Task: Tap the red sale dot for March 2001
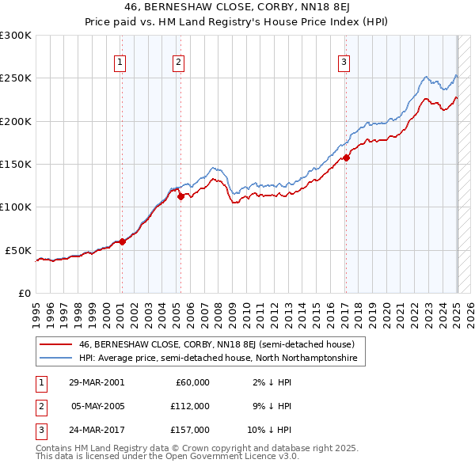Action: pos(122,242)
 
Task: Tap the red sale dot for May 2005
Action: pos(180,197)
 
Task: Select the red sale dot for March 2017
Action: pos(346,158)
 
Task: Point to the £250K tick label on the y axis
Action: pos(15,78)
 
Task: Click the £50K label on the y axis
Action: pos(18,250)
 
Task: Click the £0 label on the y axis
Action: pos(25,293)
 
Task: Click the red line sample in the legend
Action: pos(56,344)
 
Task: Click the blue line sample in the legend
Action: pos(56,359)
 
